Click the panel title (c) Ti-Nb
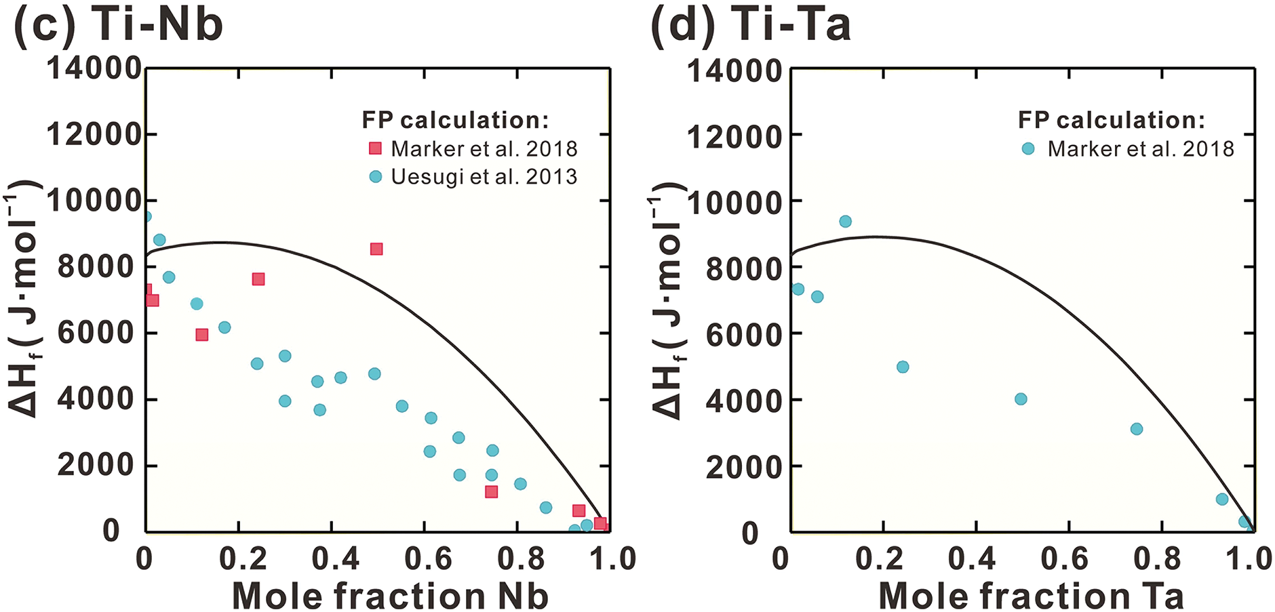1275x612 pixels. [118, 24]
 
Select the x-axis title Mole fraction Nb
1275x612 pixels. [390, 596]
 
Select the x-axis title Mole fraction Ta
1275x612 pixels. [1031, 596]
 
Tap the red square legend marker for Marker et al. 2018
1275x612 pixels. [375, 148]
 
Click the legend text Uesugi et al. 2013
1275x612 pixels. [484, 177]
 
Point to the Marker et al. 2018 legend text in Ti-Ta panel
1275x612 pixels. [1141, 148]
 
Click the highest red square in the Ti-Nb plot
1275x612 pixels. [376, 249]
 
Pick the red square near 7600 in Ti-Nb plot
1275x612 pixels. [258, 279]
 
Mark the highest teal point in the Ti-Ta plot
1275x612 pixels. [845, 222]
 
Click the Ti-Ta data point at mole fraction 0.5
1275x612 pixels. [1021, 399]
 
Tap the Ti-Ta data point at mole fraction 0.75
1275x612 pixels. [1137, 429]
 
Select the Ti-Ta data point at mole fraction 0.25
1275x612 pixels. [903, 367]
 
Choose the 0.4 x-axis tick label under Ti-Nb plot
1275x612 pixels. [336, 559]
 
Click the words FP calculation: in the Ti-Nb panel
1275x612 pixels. [455, 120]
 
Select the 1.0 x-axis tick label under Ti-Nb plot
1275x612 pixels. [613, 559]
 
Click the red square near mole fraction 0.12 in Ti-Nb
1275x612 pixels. [201, 335]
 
